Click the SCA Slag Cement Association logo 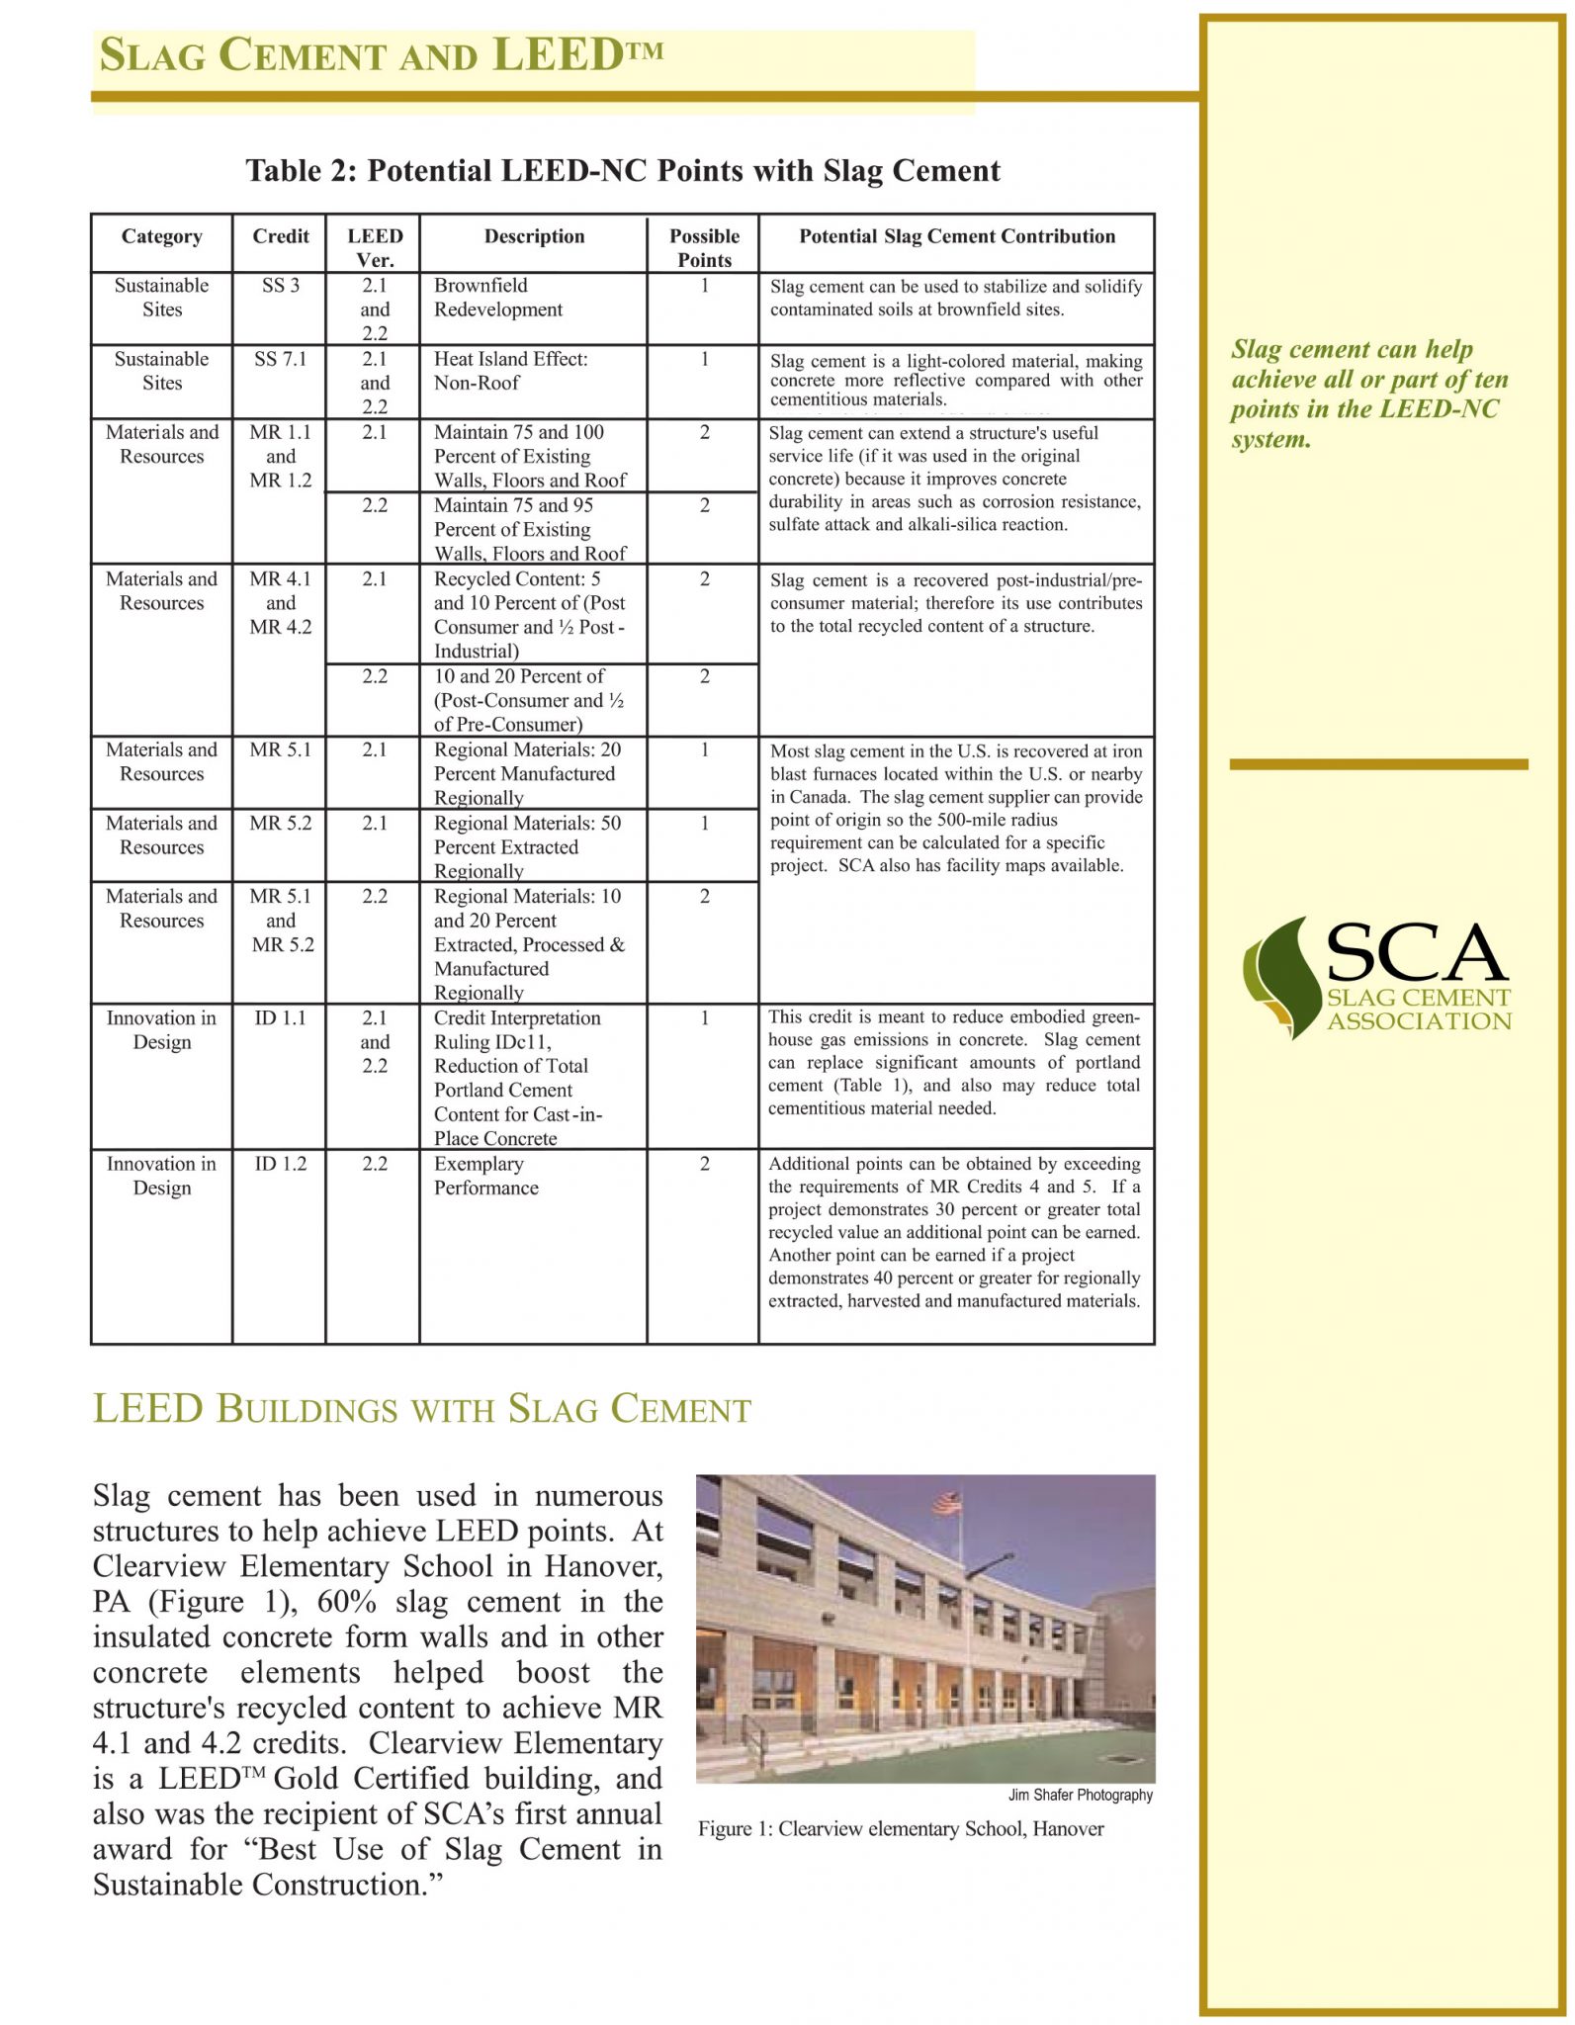(x=1377, y=977)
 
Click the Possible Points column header (x=704, y=248)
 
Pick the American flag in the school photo (x=946, y=1504)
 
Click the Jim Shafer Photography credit (x=1080, y=1795)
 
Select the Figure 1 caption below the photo (x=901, y=1829)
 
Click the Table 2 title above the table (x=623, y=171)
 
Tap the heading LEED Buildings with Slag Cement (x=422, y=1410)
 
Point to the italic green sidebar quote (x=1369, y=395)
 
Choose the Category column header (x=162, y=237)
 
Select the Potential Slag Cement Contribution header (x=956, y=237)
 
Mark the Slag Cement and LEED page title (x=382, y=56)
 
